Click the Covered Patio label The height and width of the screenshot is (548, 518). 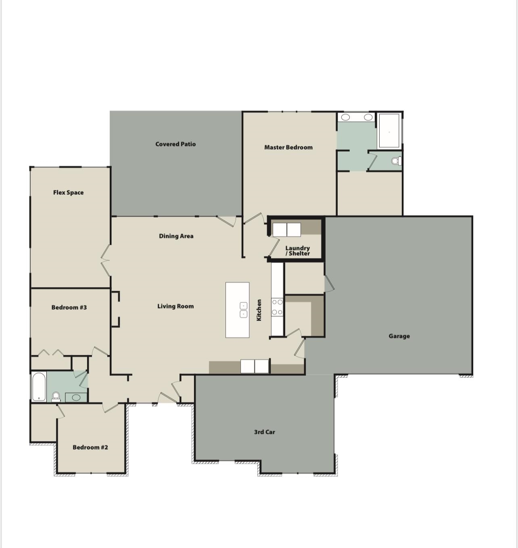tap(175, 144)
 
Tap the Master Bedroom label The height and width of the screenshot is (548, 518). tap(288, 147)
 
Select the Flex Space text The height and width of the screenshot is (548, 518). tap(68, 192)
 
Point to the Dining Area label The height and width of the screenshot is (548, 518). tap(176, 236)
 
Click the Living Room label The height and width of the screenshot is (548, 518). tap(175, 306)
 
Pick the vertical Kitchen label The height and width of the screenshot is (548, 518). tap(259, 310)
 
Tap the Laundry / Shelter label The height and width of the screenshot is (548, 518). tap(297, 250)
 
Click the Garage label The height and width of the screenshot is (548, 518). tap(399, 336)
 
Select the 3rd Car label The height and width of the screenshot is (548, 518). tap(264, 432)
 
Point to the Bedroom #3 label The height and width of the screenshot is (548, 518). tap(69, 307)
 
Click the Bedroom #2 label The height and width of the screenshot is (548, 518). tap(90, 447)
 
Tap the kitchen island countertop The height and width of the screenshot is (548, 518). tap(237, 310)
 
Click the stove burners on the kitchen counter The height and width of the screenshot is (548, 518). tap(277, 307)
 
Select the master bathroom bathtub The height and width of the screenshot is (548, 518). tap(389, 131)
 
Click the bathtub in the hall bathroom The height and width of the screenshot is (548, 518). tap(39, 387)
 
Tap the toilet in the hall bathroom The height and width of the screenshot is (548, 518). tap(56, 397)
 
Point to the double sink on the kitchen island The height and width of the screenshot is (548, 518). tap(243, 310)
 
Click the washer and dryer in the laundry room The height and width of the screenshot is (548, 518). tap(286, 229)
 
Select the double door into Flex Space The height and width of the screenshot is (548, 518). tap(105, 260)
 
